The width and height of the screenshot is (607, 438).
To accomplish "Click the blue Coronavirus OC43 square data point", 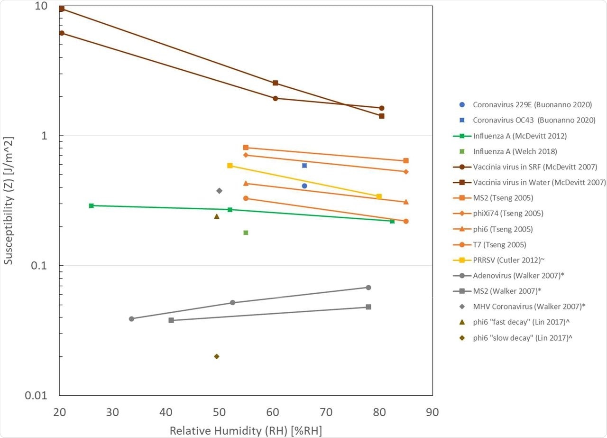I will [304, 166].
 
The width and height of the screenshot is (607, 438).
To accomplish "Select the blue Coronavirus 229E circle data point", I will [304, 186].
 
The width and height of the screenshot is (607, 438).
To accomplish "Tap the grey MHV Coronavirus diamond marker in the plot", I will [219, 191].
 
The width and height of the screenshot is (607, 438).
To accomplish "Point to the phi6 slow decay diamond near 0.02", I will [217, 356].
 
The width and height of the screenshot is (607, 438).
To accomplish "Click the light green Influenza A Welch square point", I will [246, 233].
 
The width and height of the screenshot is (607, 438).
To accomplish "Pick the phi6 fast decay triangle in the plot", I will [217, 216].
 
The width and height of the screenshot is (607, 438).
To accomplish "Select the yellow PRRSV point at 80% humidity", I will [379, 196].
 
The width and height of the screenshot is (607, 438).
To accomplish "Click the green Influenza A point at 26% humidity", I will [91, 205].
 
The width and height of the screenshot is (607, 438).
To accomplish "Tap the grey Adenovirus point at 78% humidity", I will [368, 288].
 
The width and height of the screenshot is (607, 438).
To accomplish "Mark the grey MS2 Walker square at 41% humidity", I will [171, 320].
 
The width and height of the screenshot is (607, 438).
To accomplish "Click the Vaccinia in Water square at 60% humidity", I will [275, 83].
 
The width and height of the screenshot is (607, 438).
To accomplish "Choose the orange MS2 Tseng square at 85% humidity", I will [406, 161].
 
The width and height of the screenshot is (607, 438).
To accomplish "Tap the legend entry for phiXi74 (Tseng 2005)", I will [508, 213].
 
